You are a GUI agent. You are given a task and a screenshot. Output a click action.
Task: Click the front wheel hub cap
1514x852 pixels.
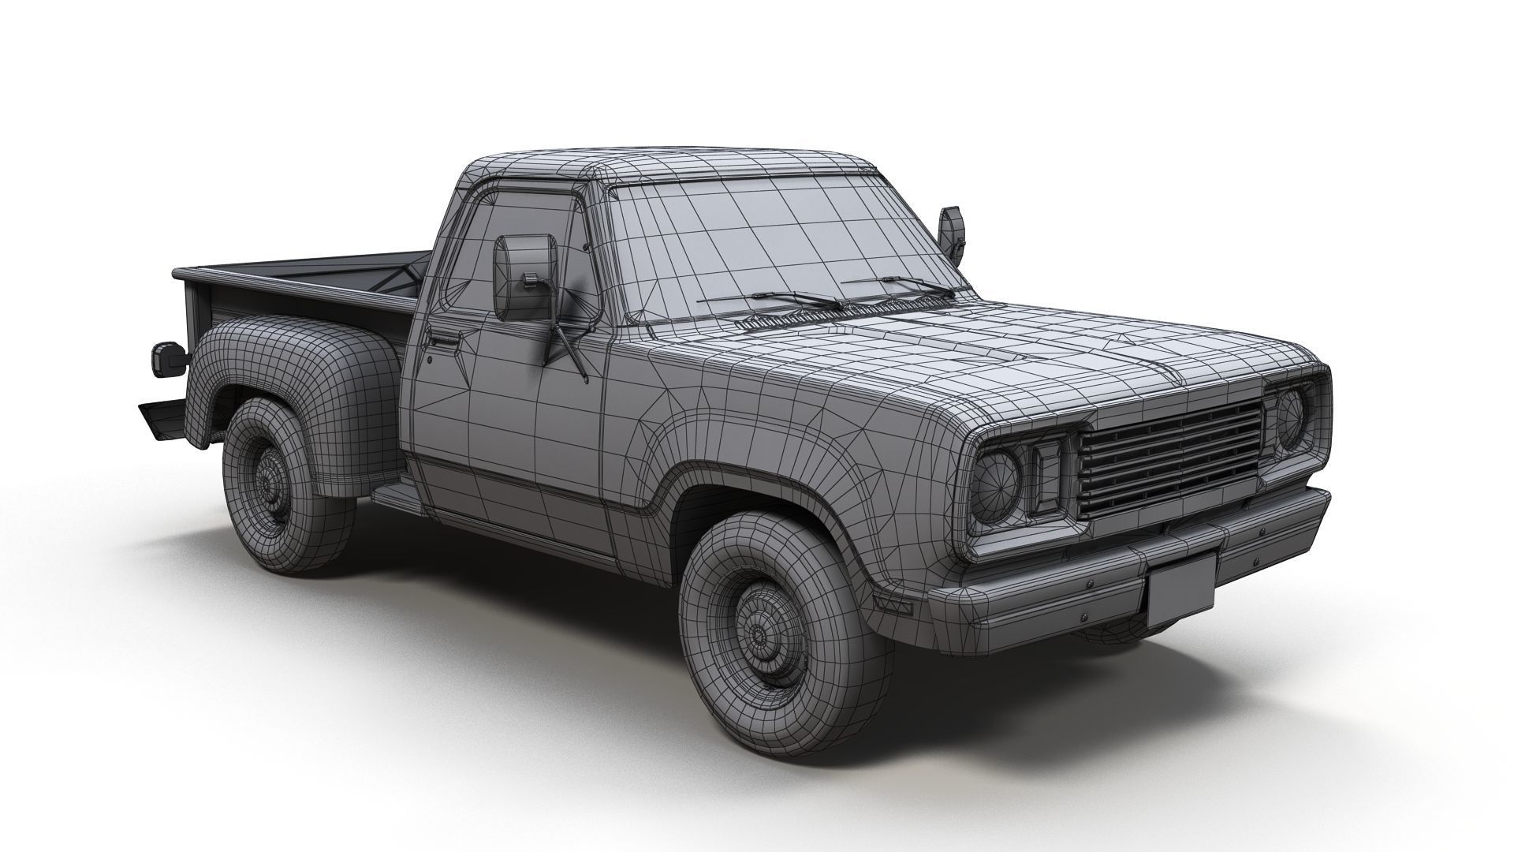762,632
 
